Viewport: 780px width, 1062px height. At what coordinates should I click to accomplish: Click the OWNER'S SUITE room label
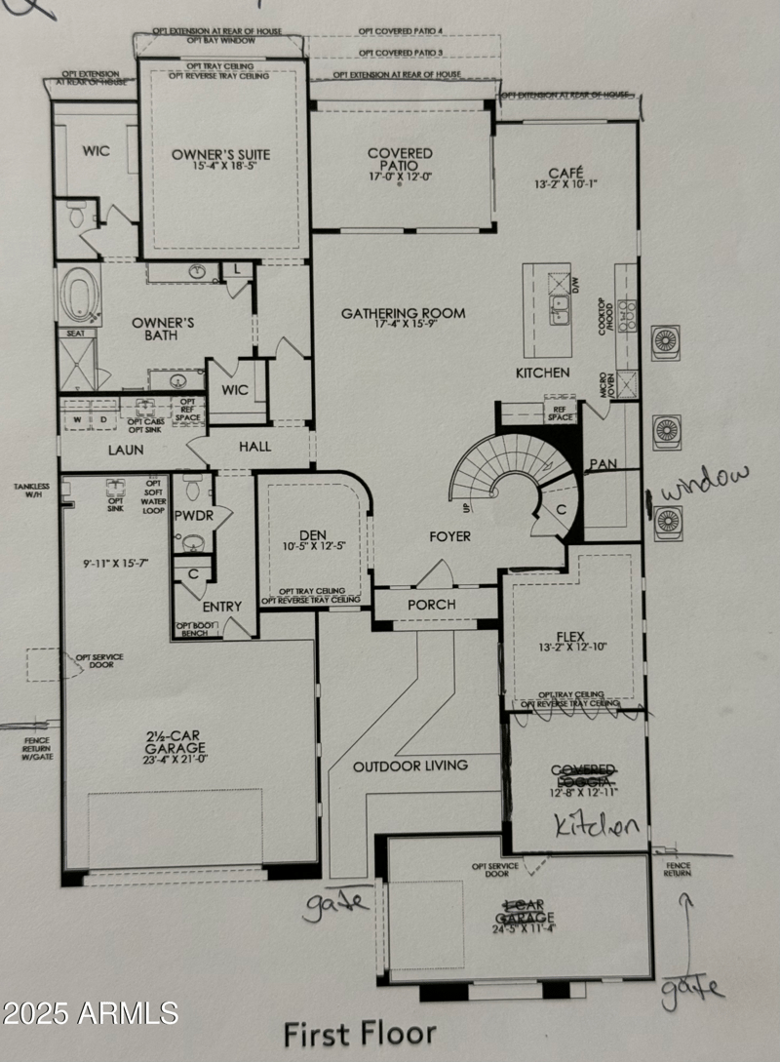220,154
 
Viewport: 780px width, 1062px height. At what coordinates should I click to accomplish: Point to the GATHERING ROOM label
403,314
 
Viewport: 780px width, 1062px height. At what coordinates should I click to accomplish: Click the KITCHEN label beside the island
543,373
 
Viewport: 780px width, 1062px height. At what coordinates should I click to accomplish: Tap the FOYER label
449,536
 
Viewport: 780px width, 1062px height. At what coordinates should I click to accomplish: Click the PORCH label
432,605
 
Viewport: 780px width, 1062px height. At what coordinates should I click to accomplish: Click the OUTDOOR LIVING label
410,766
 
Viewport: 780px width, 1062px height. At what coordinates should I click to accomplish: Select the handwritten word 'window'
707,483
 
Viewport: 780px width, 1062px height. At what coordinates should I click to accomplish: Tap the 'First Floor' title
360,1034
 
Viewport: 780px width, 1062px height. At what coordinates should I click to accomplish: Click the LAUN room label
126,450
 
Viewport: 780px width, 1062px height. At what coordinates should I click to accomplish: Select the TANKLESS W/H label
29,490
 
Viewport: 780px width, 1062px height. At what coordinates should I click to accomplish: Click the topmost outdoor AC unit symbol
666,341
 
